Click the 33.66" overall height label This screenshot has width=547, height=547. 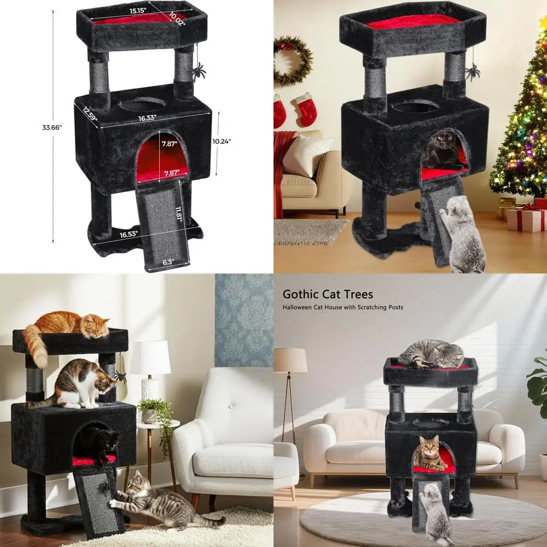(53, 127)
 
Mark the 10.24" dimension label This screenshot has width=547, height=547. (222, 140)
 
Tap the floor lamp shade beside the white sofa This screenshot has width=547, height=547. (290, 360)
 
